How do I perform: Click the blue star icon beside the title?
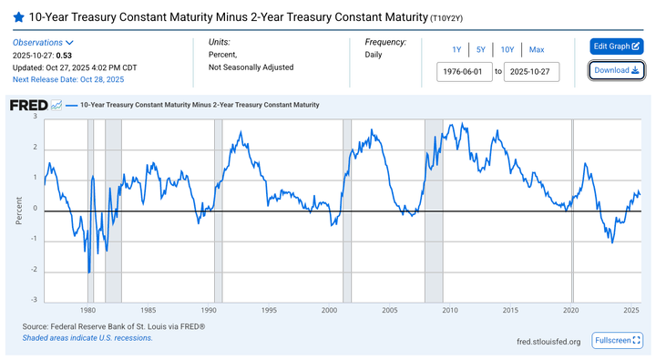18,17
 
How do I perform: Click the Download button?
617,70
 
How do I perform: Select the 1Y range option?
456,49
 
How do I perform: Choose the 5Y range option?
480,49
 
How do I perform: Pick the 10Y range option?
507,49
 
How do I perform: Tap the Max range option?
537,49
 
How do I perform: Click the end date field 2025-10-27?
531,71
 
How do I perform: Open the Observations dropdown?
43,43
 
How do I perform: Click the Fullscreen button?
618,340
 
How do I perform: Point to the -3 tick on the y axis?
35,300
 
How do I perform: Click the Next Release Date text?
68,79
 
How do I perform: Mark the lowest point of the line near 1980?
89,272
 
